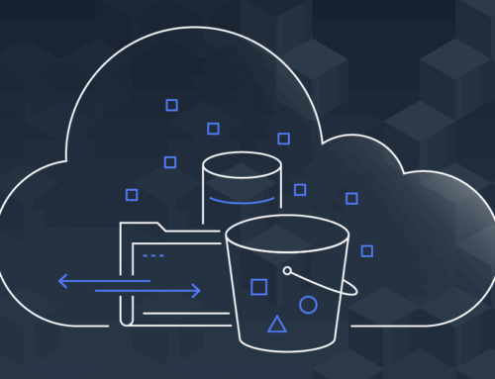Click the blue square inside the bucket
coord(258,287)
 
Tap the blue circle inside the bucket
coord(308,305)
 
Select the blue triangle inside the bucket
coord(277,323)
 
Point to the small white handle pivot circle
coord(287,270)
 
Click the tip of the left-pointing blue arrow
coord(59,281)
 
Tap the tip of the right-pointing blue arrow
coord(200,291)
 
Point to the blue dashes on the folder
coord(152,255)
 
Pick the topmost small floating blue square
coord(171,104)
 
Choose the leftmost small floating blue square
coord(132,194)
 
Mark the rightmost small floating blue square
coord(367,250)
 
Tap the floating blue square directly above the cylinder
coord(213,128)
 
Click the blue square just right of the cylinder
coord(300,189)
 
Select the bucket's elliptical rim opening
coord(287,237)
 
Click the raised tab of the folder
coord(148,228)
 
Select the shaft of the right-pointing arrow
coord(148,291)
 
